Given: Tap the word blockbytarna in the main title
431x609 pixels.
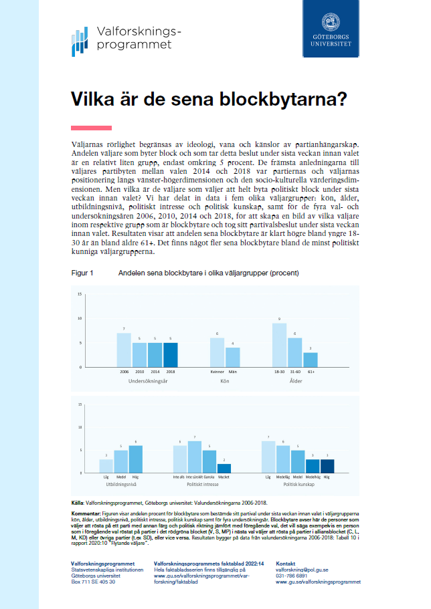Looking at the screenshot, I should (x=281, y=100).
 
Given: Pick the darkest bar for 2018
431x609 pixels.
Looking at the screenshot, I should (x=171, y=354).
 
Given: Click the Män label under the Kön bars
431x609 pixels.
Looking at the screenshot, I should (x=233, y=371).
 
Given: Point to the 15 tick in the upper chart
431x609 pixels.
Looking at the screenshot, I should (x=80, y=294).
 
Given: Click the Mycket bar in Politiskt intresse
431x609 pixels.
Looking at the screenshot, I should (x=225, y=468).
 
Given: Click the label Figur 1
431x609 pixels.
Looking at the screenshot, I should (x=82, y=274).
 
